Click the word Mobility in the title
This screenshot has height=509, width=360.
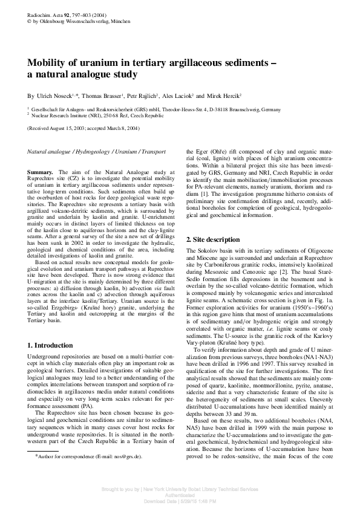click(48, 63)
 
